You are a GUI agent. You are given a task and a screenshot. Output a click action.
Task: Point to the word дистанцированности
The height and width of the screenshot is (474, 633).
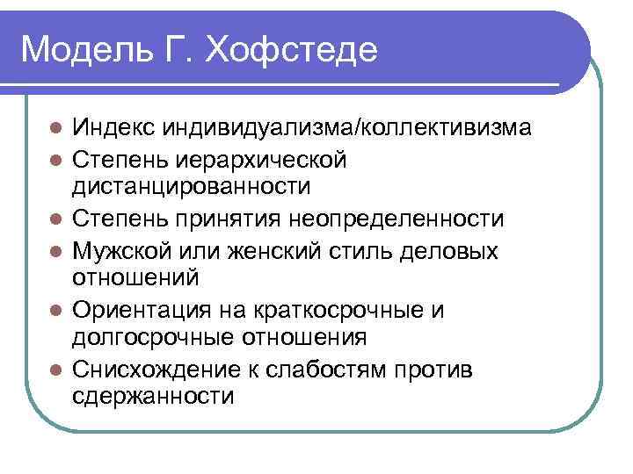(x=192, y=186)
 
